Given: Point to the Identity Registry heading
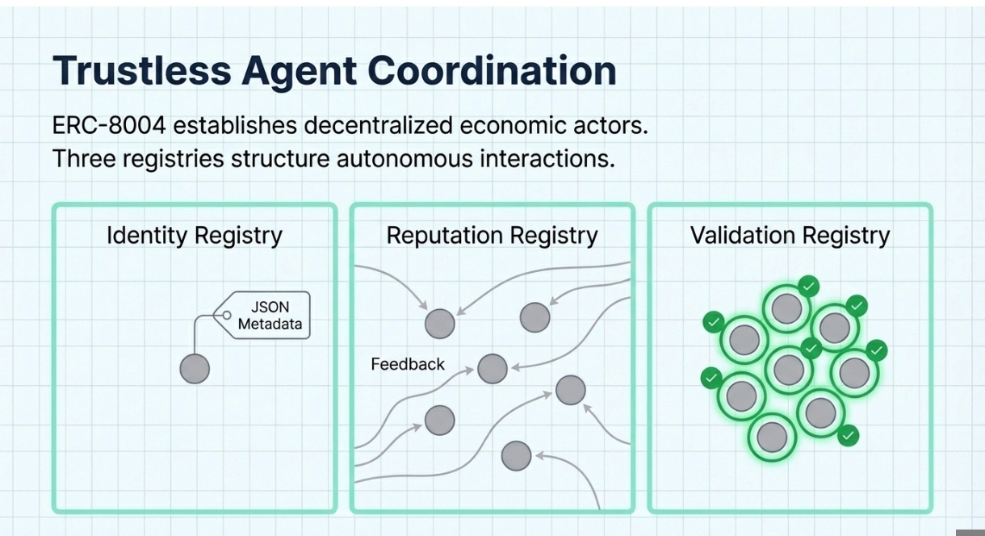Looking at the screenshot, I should coord(195,236).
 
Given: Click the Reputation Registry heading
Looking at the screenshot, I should coord(492,236).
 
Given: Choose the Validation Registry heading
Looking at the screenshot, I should coord(790,236).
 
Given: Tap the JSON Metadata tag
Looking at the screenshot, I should coord(270,316).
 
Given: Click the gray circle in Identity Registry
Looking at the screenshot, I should coord(195,369).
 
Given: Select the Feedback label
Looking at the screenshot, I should coord(408,365).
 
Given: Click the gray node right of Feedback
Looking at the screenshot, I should coord(492,369).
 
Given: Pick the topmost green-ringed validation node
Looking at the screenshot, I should coord(786,309).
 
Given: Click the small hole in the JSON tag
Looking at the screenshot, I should coord(227,316).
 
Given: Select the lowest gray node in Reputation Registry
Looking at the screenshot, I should coord(516,456).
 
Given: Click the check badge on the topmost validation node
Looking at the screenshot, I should coord(808,286).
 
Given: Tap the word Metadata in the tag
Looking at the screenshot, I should coord(270,325).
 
